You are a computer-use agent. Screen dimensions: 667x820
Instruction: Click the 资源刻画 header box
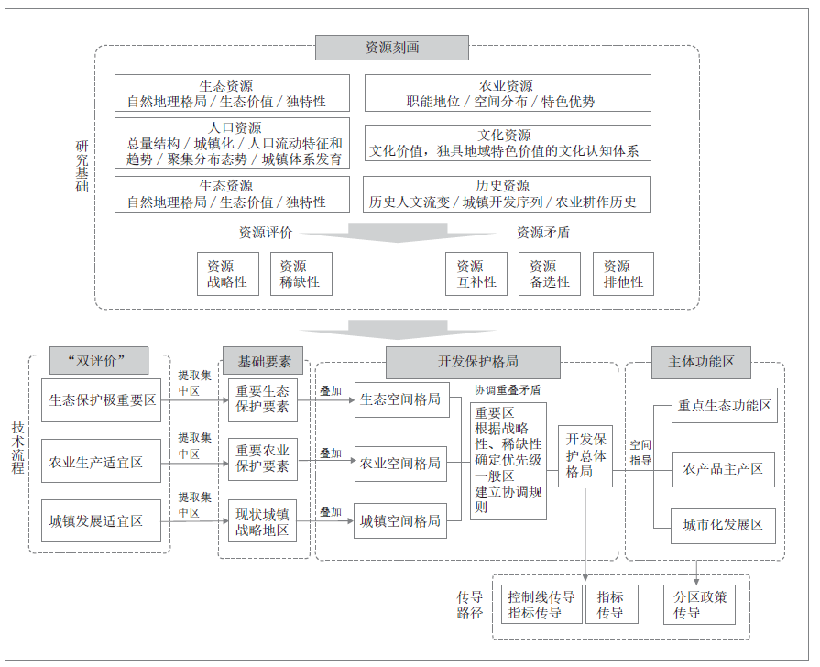(x=391, y=48)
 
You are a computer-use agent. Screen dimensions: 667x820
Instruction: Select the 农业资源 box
(x=508, y=93)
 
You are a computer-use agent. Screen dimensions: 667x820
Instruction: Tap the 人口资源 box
(x=233, y=143)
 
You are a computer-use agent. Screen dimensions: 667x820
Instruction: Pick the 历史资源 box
(x=508, y=193)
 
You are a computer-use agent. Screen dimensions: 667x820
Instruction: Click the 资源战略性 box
(x=227, y=274)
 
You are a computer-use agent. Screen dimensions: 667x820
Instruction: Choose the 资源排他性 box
(x=623, y=274)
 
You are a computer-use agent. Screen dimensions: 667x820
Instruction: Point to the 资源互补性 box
(x=476, y=274)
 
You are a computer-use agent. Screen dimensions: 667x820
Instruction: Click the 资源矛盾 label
(x=543, y=233)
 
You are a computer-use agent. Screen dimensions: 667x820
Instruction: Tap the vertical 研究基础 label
(x=82, y=166)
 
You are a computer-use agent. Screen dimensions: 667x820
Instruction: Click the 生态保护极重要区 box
(x=101, y=400)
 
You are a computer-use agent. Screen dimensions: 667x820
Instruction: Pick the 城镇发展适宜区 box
(x=101, y=521)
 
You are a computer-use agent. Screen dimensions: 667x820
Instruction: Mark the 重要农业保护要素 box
(x=262, y=459)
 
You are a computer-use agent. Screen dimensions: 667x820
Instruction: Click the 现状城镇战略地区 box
(x=262, y=521)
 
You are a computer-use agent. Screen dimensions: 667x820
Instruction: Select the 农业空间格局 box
(x=399, y=464)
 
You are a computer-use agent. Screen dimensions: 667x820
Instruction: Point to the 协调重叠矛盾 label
(x=507, y=389)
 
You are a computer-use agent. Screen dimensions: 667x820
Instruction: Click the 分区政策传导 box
(x=699, y=605)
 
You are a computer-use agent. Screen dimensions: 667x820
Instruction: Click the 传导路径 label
(x=469, y=605)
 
